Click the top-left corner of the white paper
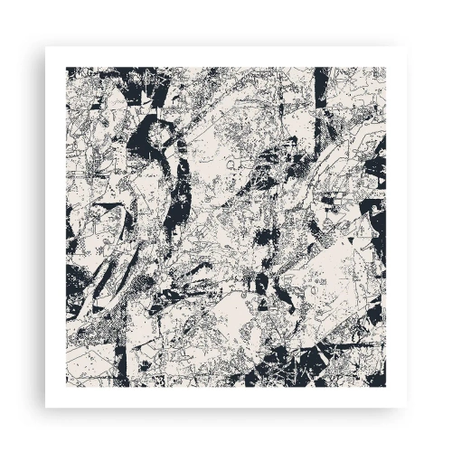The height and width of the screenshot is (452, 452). [x=45, y=46]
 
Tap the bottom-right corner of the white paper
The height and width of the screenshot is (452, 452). [x=406, y=407]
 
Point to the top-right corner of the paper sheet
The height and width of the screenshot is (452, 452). [x=406, y=46]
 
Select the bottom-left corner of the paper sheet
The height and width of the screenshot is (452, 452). [x=45, y=407]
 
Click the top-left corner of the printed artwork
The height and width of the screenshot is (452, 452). [x=66, y=67]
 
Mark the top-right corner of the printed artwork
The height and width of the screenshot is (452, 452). [x=386, y=67]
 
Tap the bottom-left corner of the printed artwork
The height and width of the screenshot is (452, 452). [x=66, y=387]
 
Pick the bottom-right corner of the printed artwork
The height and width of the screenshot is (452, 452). [x=386, y=387]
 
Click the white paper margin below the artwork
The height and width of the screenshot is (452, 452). [x=226, y=397]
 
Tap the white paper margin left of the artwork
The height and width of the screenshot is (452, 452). [x=55, y=226]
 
